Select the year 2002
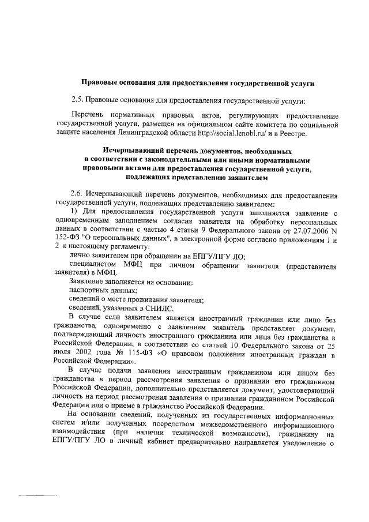click(x=92, y=353)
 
